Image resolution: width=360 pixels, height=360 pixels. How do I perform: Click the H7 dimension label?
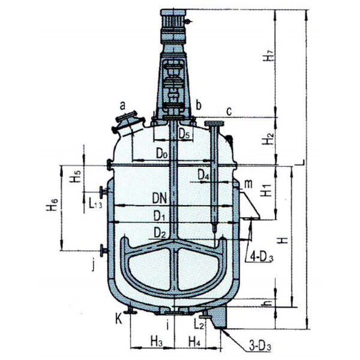[x=272, y=58]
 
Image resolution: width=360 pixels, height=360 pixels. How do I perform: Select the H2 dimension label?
[x=271, y=140]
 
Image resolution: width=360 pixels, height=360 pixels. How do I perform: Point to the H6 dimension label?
[x=52, y=206]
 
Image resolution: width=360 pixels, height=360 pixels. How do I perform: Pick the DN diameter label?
[x=159, y=197]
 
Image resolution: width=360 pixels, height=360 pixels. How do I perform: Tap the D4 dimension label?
[x=204, y=176]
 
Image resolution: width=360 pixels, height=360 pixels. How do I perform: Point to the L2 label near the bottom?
[x=200, y=325]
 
